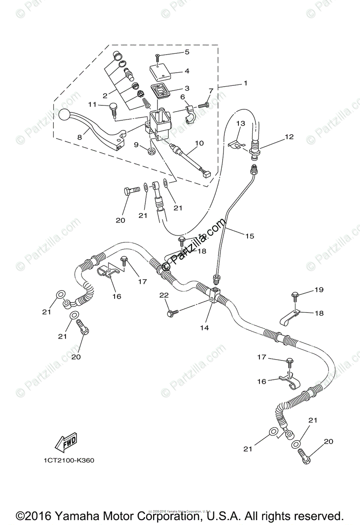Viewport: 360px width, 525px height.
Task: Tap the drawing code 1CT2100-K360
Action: (69, 460)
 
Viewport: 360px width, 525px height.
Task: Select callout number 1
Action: (245, 83)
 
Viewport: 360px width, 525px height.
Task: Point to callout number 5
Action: (187, 52)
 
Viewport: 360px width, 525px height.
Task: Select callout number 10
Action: (199, 143)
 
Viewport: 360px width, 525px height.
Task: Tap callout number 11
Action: (92, 105)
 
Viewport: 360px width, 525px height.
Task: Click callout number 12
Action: (289, 136)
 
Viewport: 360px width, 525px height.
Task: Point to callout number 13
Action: (241, 124)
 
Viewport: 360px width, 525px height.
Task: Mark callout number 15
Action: (249, 236)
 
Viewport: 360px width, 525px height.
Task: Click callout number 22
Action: (164, 296)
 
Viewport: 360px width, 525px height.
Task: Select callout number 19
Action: (318, 290)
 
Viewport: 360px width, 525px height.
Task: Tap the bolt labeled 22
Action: (172, 313)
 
